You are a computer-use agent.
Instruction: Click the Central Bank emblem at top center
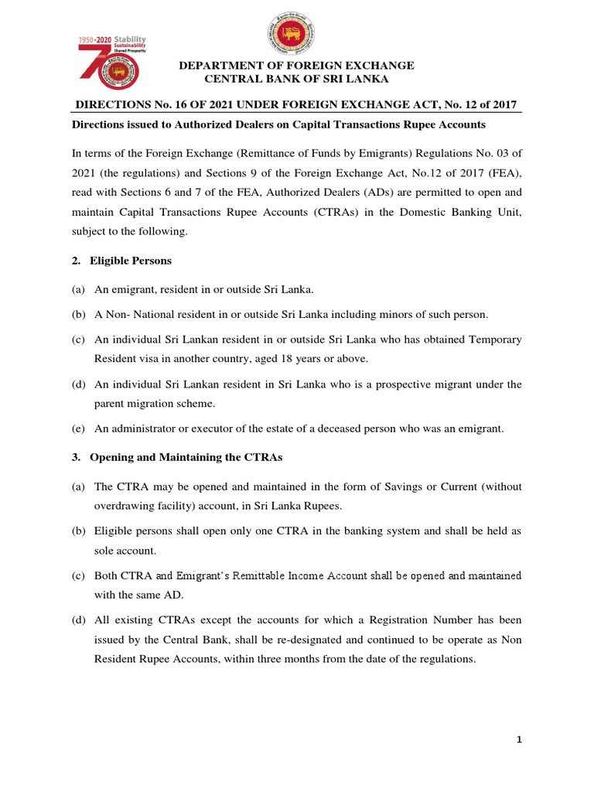point(296,39)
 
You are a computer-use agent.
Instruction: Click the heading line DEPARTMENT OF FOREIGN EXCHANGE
point(296,66)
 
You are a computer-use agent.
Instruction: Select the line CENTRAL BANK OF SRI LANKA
point(296,80)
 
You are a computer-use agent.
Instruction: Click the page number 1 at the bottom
point(520,740)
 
